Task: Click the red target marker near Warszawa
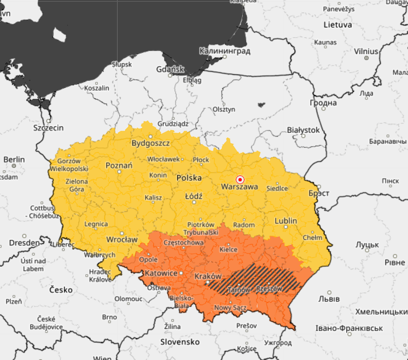pyautogui.click(x=240, y=179)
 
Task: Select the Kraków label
pyautogui.click(x=208, y=276)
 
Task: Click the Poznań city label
pyautogui.click(x=119, y=166)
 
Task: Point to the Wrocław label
pyautogui.click(x=122, y=239)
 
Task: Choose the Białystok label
pyautogui.click(x=303, y=130)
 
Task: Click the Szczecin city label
pyautogui.click(x=49, y=128)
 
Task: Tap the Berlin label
pyautogui.click(x=14, y=159)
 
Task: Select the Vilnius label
pyautogui.click(x=366, y=51)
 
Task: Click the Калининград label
pyautogui.click(x=225, y=51)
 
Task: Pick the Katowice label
pyautogui.click(x=160, y=273)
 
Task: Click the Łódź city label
pyautogui.click(x=194, y=196)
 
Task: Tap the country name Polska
pyautogui.click(x=189, y=178)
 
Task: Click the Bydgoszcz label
pyautogui.click(x=150, y=143)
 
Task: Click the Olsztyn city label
pyautogui.click(x=224, y=109)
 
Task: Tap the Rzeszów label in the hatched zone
pyautogui.click(x=269, y=288)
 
